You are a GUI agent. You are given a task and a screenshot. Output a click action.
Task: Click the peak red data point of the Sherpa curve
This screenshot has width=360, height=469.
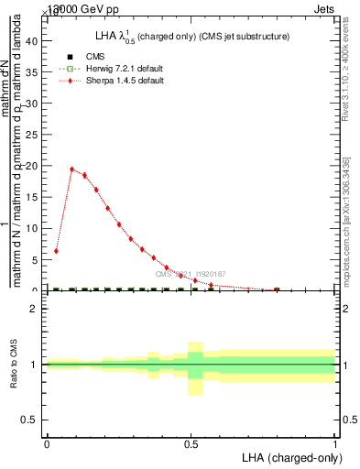point(72,169)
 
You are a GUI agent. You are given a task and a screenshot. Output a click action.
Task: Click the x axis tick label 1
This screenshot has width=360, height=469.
point(335,445)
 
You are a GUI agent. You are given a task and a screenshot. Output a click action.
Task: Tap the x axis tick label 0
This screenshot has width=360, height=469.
point(47,445)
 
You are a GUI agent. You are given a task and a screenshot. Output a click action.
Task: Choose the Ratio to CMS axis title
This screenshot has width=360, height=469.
point(14,365)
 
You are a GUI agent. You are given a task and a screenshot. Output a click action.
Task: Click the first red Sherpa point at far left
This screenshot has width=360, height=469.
point(56,251)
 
